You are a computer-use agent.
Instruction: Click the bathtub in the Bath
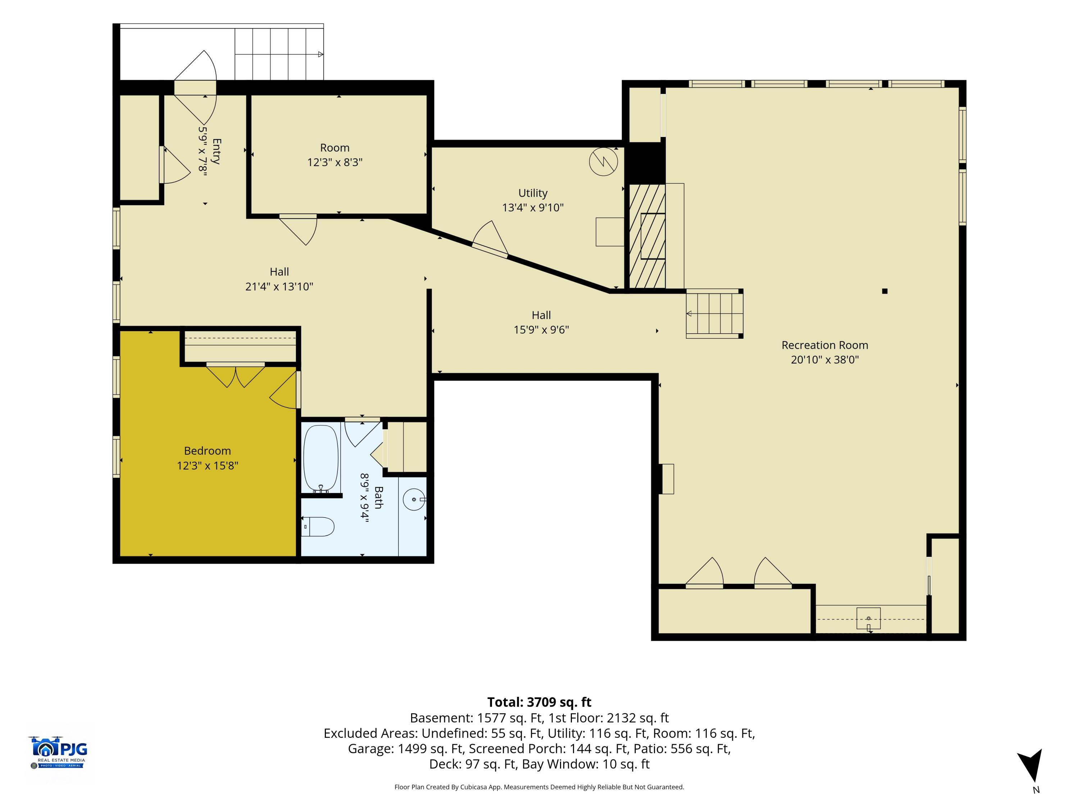321,459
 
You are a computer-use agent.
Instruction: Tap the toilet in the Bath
318,527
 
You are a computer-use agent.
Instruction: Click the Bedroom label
207,451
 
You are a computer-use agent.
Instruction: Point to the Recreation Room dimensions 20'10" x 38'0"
825,360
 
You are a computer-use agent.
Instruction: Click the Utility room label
533,193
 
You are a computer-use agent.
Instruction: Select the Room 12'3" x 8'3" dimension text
334,163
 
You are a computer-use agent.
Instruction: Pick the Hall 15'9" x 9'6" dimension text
541,330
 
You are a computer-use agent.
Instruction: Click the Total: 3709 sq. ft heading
539,702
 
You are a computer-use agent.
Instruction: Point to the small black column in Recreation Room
884,291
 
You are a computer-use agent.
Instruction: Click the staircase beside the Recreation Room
715,314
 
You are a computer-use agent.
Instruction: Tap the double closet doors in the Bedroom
236,375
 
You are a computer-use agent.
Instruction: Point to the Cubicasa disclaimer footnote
539,787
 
